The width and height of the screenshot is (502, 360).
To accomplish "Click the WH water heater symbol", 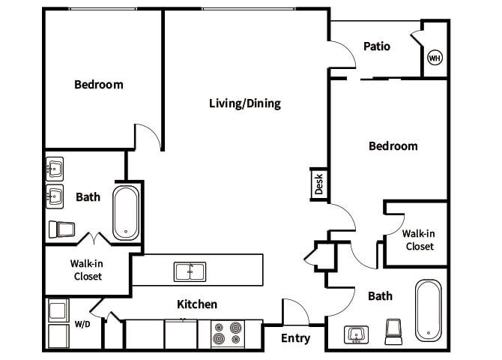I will (434, 58).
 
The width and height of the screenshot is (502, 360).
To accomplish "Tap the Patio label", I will (377, 46).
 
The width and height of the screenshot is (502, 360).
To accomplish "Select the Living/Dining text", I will (244, 103).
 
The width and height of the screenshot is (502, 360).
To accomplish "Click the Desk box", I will (318, 184).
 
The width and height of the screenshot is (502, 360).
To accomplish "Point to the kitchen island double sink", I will (190, 271).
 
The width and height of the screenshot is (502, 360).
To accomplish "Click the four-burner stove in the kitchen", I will (227, 332).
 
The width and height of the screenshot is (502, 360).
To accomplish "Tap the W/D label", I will (82, 325).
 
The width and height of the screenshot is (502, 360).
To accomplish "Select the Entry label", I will (295, 338).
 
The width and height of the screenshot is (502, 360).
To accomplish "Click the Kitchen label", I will (196, 304).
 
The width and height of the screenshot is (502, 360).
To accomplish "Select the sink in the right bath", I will (355, 334).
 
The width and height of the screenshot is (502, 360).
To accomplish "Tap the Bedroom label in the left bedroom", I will (98, 85).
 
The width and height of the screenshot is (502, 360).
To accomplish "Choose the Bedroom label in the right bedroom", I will (393, 146).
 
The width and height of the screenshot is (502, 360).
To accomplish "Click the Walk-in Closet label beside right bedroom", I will (420, 239).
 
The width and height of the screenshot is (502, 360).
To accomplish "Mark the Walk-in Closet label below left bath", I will (88, 269).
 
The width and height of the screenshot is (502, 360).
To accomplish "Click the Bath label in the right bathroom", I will (380, 296).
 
